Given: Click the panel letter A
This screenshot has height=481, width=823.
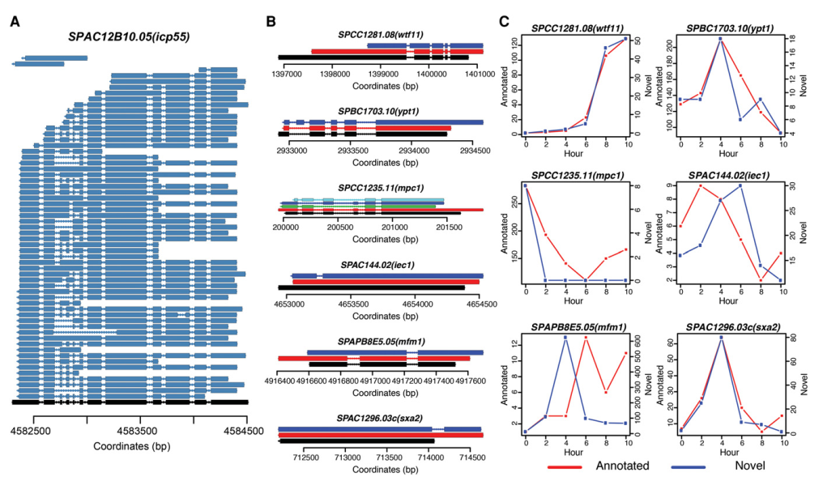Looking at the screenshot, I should tap(15, 22).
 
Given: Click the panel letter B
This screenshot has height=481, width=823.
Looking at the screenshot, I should tap(272, 22).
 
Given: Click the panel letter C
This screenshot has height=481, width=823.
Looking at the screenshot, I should tap(504, 22).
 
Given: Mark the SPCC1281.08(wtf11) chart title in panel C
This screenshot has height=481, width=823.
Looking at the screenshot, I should tap(577, 28).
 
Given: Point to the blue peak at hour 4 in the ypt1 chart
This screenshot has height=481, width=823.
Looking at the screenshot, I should tap(719, 39).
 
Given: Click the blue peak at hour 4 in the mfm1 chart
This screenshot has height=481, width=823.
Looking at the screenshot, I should tap(565, 337).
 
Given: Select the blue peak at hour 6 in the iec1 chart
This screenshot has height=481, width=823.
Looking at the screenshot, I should tap(740, 185).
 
